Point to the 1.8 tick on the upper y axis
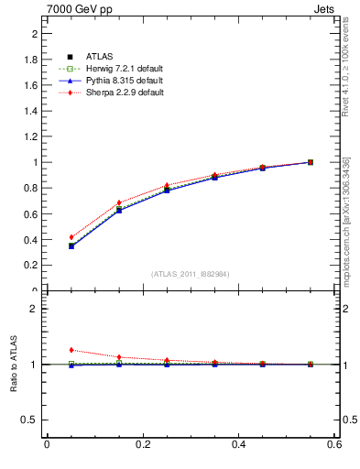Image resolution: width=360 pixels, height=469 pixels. (32, 60)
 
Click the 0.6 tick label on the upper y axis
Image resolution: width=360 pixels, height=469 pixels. (32, 213)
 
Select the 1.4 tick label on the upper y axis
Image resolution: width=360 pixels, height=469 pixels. (32, 111)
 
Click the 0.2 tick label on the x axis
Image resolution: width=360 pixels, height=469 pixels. (143, 445)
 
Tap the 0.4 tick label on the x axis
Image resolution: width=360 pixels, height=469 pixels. (239, 445)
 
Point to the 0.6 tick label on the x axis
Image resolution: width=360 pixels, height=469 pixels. (334, 445)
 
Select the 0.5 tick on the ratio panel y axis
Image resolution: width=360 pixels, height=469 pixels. (32, 420)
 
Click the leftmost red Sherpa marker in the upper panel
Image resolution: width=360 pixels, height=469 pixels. (71, 237)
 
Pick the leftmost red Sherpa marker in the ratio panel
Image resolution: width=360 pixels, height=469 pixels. (71, 350)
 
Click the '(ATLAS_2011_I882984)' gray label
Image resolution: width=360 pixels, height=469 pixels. (191, 274)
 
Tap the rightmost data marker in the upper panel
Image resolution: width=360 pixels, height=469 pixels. (311, 162)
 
